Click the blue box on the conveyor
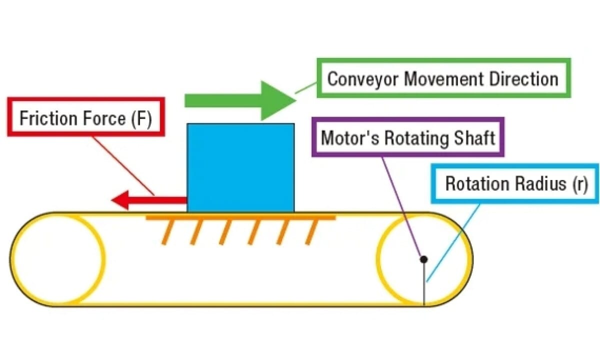pos(240,167)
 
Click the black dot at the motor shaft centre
pos(423,259)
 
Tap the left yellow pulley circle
pos(57,259)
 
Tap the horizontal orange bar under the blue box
pos(240,218)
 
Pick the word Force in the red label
pos(104,119)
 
